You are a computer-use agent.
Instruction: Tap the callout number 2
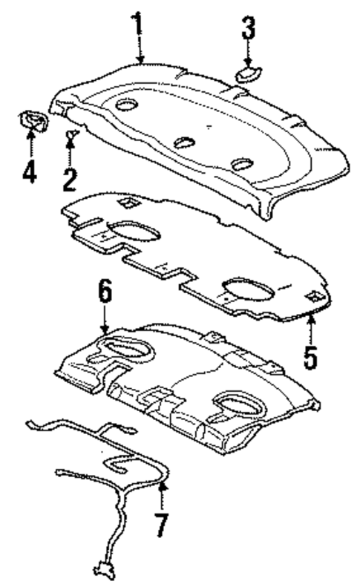coord(70,177)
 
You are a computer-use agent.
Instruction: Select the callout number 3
coord(247,30)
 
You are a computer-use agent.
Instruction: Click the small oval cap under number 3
coord(247,73)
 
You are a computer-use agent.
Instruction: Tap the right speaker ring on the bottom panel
coord(241,406)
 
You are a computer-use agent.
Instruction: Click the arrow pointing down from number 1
coord(138,51)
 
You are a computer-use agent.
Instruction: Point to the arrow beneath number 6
coord(105,320)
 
